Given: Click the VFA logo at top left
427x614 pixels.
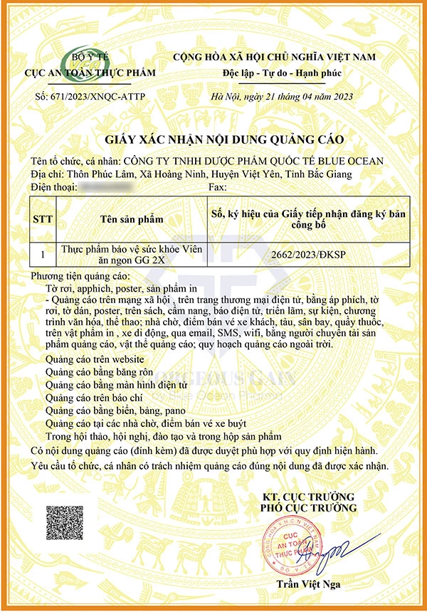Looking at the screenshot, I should point(87,63).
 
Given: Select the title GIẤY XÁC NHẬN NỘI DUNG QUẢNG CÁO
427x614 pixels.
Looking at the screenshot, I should point(214,139).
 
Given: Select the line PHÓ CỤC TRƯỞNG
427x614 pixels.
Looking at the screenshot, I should point(307,508).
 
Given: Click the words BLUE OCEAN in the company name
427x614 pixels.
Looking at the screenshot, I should point(341,161).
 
